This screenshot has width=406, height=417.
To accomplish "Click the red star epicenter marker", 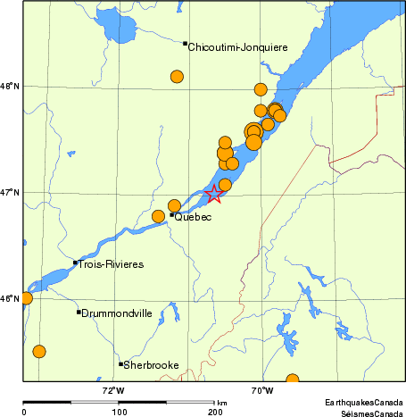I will click(x=214, y=195).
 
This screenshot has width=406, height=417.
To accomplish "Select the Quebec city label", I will click(x=194, y=217).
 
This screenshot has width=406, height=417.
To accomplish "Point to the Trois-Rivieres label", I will click(x=111, y=264).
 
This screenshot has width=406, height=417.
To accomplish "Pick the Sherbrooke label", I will click(x=152, y=365).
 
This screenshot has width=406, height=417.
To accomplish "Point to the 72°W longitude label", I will click(x=113, y=390).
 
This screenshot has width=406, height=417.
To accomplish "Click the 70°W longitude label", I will click(x=261, y=390).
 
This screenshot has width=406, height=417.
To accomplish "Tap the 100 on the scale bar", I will click(x=119, y=413).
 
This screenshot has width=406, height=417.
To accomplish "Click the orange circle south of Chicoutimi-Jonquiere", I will click(x=177, y=76).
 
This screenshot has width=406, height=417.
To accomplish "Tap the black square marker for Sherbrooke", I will click(x=120, y=363).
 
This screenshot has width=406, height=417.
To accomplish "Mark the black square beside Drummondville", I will click(x=79, y=312).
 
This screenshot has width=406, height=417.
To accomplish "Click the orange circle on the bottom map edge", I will click(x=292, y=380).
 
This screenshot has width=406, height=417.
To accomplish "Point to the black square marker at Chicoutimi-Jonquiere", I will click(x=185, y=44).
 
